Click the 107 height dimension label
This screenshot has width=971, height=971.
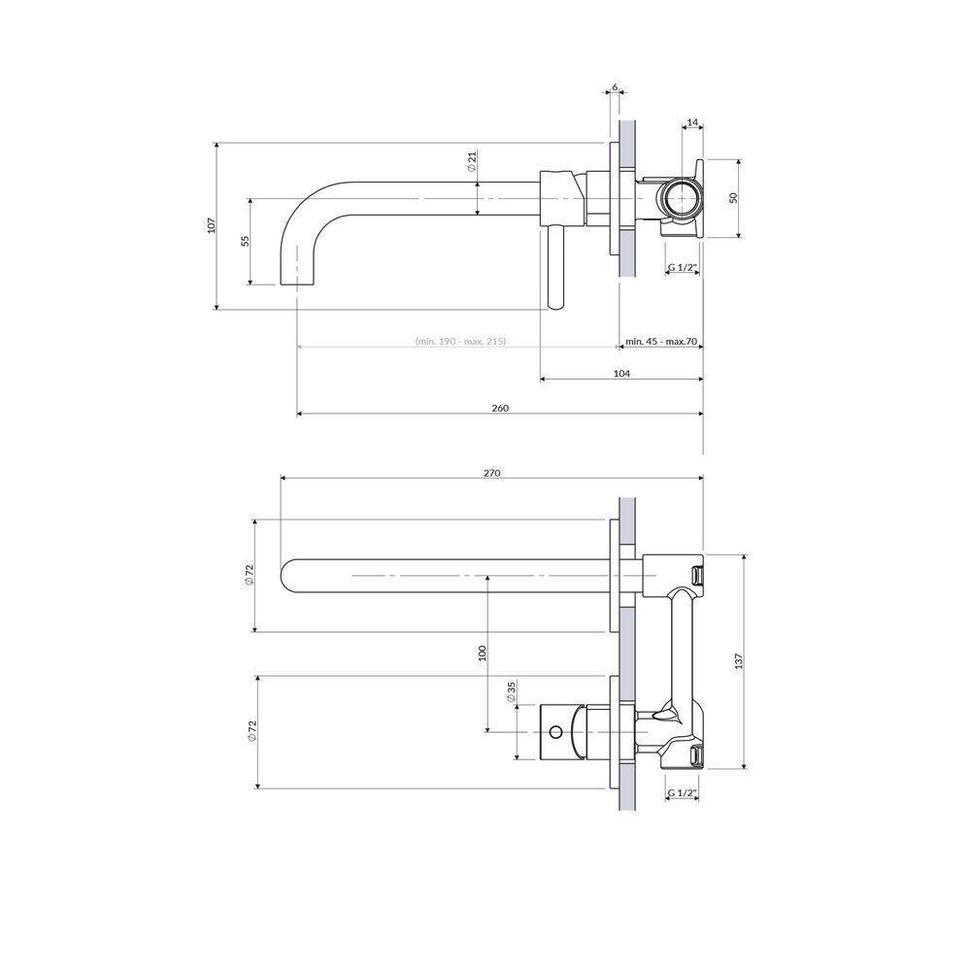pyautogui.click(x=211, y=225)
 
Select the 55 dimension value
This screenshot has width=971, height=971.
pyautogui.click(x=246, y=241)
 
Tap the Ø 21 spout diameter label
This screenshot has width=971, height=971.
pyautogui.click(x=471, y=161)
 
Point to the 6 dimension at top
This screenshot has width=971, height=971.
pyautogui.click(x=615, y=86)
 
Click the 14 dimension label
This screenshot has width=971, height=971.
pyautogui.click(x=692, y=122)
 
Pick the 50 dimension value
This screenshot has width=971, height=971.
pyautogui.click(x=734, y=198)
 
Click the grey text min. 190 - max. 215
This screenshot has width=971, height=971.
pyautogui.click(x=460, y=341)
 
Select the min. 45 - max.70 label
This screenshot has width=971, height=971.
pyautogui.click(x=661, y=341)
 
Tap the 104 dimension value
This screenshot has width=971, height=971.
pyautogui.click(x=621, y=374)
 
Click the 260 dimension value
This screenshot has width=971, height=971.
pyautogui.click(x=500, y=408)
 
